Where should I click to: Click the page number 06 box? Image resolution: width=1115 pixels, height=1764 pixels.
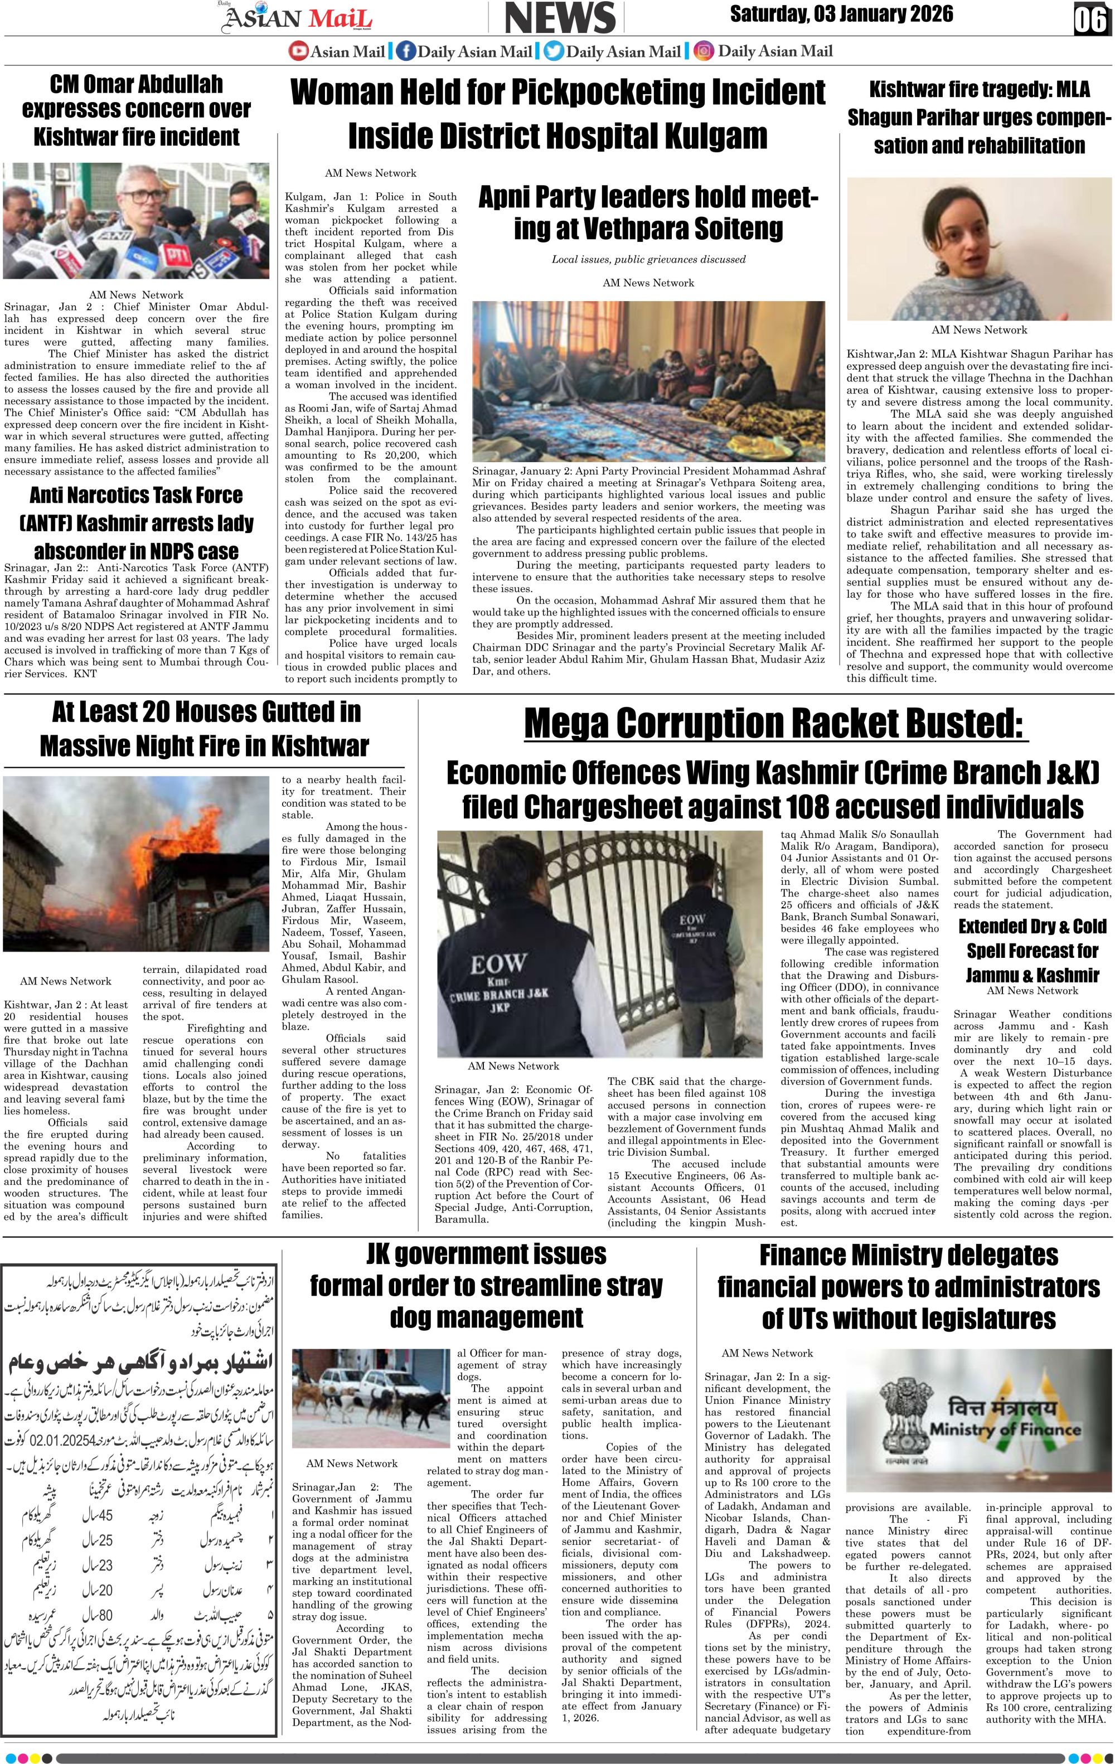tap(1089, 20)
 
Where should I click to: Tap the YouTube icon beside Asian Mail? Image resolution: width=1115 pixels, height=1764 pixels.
tap(298, 51)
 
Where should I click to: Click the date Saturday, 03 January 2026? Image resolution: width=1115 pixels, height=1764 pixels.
tap(841, 14)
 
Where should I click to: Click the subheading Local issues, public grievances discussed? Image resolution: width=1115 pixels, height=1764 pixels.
tap(648, 259)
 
